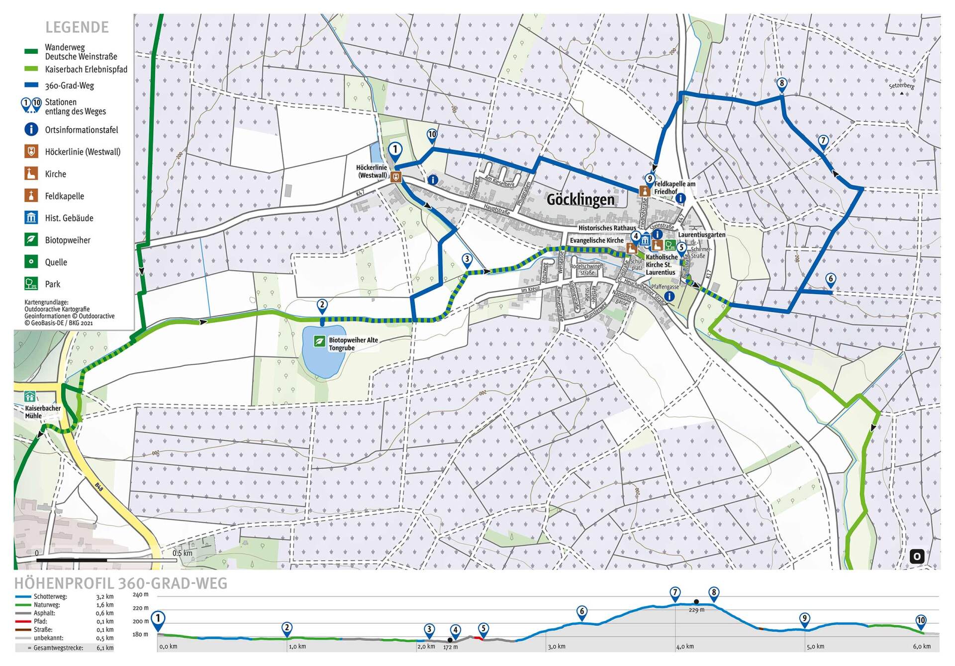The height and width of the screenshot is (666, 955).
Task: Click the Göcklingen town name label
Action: tap(580, 200)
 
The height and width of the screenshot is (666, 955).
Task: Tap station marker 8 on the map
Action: tap(781, 83)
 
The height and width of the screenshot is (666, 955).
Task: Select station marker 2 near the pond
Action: tap(322, 305)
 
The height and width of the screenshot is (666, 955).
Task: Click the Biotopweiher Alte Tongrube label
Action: tap(353, 344)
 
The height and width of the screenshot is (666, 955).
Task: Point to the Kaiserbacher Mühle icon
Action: tap(30, 397)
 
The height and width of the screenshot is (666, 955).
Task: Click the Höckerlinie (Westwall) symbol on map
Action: tap(396, 177)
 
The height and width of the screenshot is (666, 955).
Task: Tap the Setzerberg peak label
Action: tap(901, 86)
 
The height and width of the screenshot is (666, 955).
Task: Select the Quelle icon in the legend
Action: tap(31, 262)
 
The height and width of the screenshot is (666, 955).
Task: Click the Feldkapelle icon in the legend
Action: tap(31, 196)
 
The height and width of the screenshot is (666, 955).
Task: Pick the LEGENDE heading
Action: tap(77, 27)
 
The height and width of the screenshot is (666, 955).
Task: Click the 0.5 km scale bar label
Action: tap(182, 553)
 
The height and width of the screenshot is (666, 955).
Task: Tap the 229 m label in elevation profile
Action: tap(696, 610)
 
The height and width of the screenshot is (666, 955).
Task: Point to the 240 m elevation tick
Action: tap(140, 594)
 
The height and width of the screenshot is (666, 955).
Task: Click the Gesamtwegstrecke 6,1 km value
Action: tap(105, 648)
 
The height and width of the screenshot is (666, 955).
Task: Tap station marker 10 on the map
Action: tap(432, 134)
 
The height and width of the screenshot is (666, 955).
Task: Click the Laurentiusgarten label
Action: tap(701, 235)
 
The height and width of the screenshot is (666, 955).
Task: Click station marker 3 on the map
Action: tap(467, 259)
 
